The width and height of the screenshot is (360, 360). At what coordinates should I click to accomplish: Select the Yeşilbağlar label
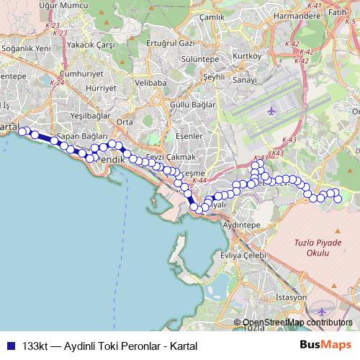pos(90,115)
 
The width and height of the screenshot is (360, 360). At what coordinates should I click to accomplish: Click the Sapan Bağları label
pos(81,136)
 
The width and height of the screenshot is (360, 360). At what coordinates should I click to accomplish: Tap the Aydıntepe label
pos(242,225)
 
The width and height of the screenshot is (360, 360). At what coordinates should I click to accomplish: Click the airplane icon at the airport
pos(271,111)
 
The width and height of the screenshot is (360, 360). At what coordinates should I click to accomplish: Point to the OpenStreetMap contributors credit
pos(297,322)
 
